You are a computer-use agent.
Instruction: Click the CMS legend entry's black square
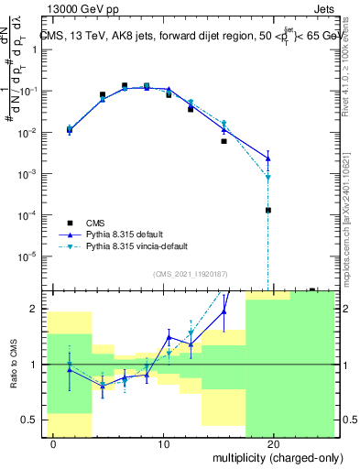tap(70, 222)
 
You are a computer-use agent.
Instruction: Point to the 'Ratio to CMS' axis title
tap(12, 365)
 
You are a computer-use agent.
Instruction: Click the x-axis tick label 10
tap(163, 444)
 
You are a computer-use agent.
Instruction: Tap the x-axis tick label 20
tap(274, 444)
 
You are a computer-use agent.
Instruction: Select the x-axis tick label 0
tap(54, 444)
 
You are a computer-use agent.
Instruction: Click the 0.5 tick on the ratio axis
tap(32, 420)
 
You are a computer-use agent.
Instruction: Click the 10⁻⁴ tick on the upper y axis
tap(29, 214)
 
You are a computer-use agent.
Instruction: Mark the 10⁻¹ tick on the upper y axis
tap(29, 92)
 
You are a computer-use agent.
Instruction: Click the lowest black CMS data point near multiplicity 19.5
tap(268, 210)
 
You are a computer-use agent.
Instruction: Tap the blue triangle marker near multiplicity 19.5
tap(268, 158)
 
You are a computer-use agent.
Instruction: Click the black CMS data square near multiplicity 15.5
tap(224, 141)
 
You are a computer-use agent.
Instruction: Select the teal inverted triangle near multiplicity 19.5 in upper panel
tap(268, 177)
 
